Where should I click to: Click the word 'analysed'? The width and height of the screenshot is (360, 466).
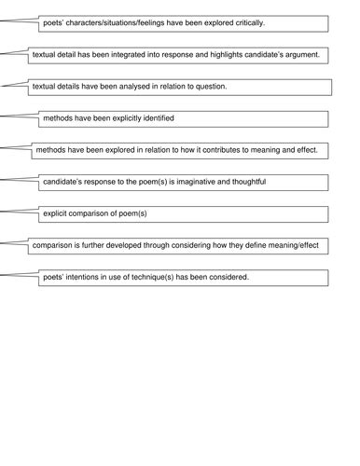pos(140,87)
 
